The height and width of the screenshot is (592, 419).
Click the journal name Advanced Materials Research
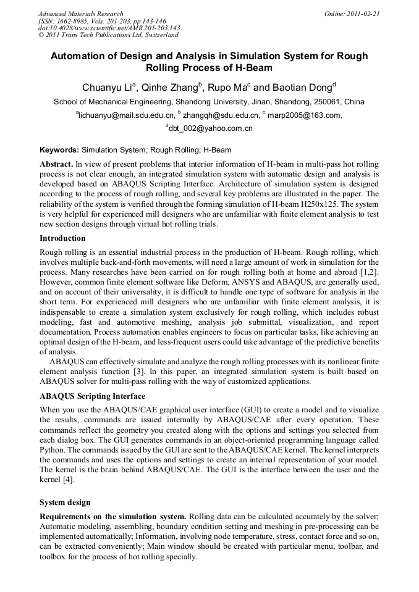click(81, 13)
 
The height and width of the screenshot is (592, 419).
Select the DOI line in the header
click(109, 27)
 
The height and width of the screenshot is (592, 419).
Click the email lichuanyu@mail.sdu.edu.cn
click(126, 115)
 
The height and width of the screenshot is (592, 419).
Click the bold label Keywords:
click(59, 149)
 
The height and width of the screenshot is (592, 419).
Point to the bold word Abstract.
click(56, 165)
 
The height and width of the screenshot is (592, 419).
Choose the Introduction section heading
click(62, 238)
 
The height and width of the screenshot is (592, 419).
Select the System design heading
click(65, 502)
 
